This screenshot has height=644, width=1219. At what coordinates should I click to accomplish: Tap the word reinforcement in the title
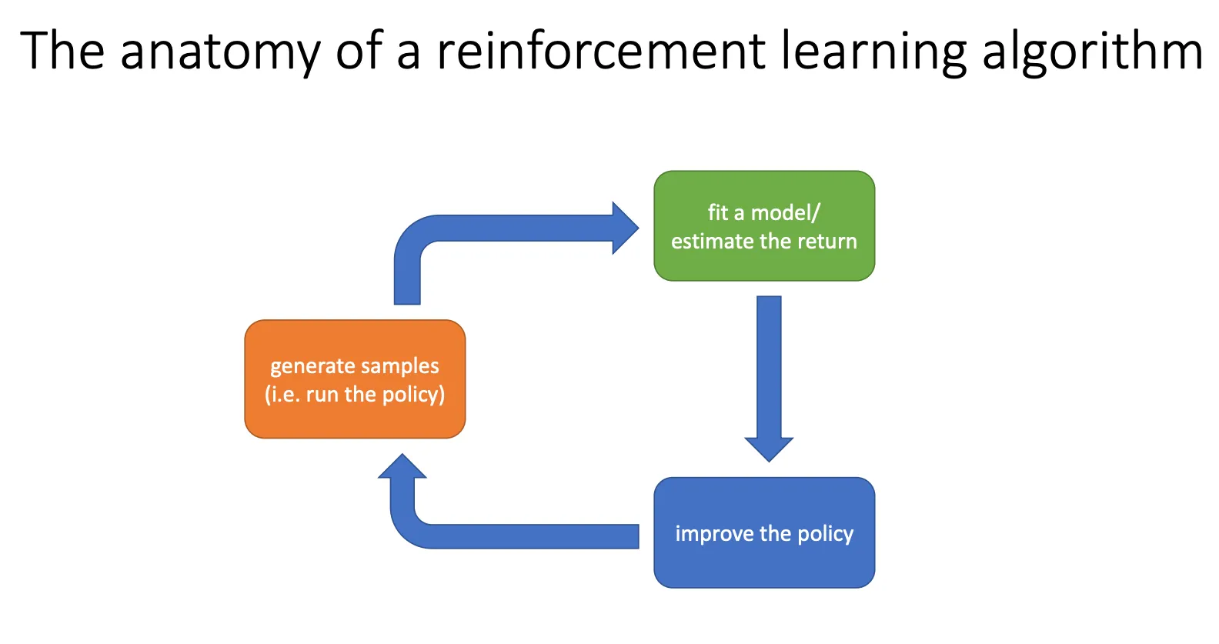(x=601, y=52)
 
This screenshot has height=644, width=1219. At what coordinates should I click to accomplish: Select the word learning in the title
(x=873, y=52)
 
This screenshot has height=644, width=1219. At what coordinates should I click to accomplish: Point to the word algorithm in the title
(x=1093, y=52)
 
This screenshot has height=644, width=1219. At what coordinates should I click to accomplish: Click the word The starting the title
(x=62, y=52)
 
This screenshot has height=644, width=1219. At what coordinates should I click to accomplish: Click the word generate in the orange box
(x=310, y=366)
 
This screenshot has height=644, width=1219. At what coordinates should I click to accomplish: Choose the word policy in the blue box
(x=825, y=534)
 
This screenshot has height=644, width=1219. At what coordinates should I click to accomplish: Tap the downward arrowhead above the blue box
(x=769, y=448)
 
